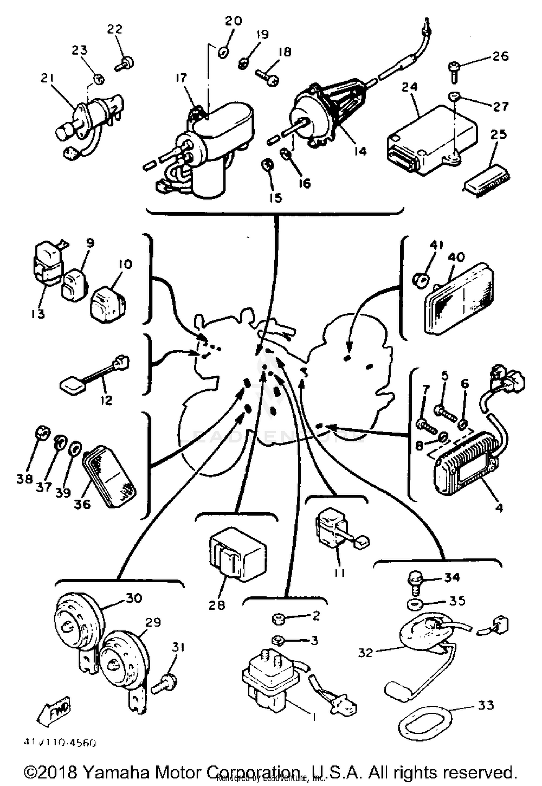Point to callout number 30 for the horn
[x=133, y=598]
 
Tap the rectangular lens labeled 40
[x=459, y=299]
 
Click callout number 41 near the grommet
[x=436, y=245]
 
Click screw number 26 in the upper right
[x=454, y=70]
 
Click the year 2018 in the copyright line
[x=58, y=773]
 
